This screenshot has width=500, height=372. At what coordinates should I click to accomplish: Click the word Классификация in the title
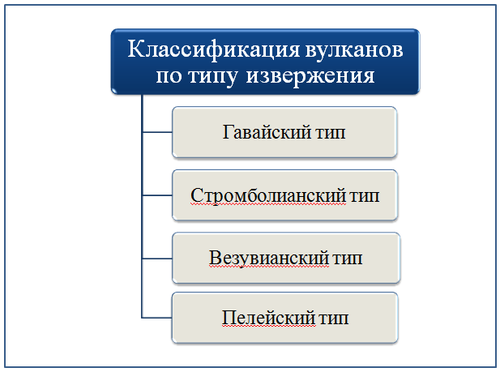pyautogui.click(x=214, y=50)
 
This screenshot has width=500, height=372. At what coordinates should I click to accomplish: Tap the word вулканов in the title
pyautogui.click(x=354, y=49)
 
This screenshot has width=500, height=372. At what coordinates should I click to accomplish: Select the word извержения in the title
pyautogui.click(x=310, y=76)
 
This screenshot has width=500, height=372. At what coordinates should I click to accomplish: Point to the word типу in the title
pyautogui.click(x=212, y=77)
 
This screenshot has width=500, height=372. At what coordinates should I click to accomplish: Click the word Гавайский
pyautogui.click(x=267, y=132)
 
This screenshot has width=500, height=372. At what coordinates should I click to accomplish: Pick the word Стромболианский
pyautogui.click(x=268, y=195)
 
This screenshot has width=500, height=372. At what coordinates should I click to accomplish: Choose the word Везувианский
pyautogui.click(x=268, y=258)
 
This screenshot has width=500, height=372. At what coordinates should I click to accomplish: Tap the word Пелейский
pyautogui.click(x=269, y=318)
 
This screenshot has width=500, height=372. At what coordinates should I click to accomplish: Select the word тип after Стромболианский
pyautogui.click(x=365, y=196)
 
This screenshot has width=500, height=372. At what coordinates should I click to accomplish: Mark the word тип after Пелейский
pyautogui.click(x=334, y=319)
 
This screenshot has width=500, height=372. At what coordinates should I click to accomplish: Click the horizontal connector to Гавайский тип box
pyautogui.click(x=157, y=132)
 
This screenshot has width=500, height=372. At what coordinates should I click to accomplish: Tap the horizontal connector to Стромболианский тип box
pyautogui.click(x=157, y=195)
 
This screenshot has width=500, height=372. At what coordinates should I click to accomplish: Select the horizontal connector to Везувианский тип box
pyautogui.click(x=157, y=259)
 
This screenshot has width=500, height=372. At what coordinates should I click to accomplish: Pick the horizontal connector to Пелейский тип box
pyautogui.click(x=156, y=318)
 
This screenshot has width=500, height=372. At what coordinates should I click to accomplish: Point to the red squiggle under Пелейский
pyautogui.click(x=269, y=327)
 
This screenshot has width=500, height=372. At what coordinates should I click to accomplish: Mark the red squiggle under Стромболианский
pyautogui.click(x=268, y=204)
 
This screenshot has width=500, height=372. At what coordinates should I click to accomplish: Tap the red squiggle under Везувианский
pyautogui.click(x=268, y=267)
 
